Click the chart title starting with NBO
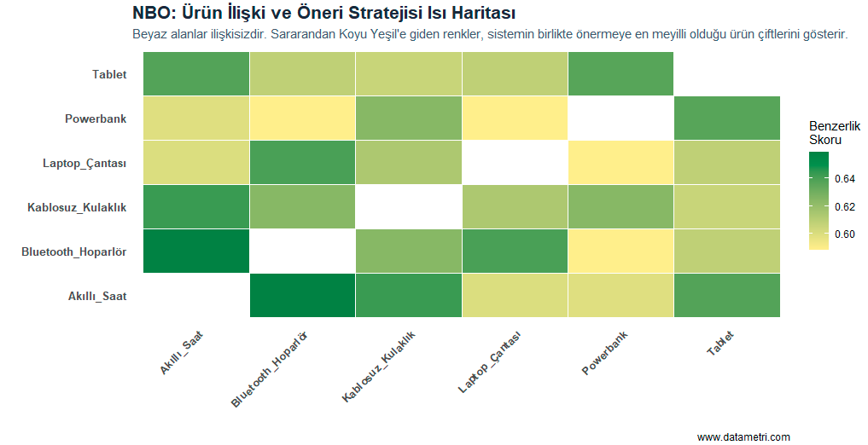[x=323, y=14]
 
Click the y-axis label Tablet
[x=109, y=74]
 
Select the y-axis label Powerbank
[x=96, y=118]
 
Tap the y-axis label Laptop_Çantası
[x=84, y=163]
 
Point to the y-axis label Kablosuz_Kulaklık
[x=77, y=207]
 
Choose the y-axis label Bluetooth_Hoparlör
[x=74, y=251]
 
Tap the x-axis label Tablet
[x=719, y=344]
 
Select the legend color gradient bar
[x=818, y=200]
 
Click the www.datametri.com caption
[x=743, y=436]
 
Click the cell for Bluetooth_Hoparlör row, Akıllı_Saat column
[x=195, y=251]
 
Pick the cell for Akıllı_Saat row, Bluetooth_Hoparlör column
[x=302, y=295]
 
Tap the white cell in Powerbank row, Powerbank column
[x=620, y=118]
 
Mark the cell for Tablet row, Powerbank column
[x=620, y=74]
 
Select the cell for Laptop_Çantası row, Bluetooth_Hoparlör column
[x=302, y=163]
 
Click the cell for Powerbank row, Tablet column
[x=726, y=118]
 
